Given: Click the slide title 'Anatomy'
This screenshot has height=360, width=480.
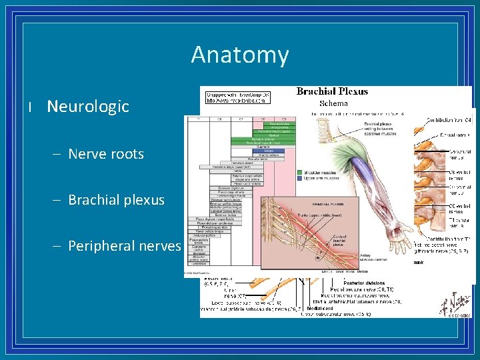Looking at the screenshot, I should [239, 55].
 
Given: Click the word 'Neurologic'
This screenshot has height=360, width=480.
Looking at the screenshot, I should [88, 107].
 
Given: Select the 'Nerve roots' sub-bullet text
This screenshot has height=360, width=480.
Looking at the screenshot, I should [106, 154].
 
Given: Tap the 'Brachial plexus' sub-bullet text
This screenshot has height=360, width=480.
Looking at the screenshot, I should [116, 200].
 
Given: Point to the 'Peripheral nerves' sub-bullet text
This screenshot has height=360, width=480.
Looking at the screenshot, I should [124, 246].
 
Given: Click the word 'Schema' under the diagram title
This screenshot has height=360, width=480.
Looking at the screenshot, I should [333, 103].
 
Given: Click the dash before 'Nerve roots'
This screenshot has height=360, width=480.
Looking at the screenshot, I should [59, 154].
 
